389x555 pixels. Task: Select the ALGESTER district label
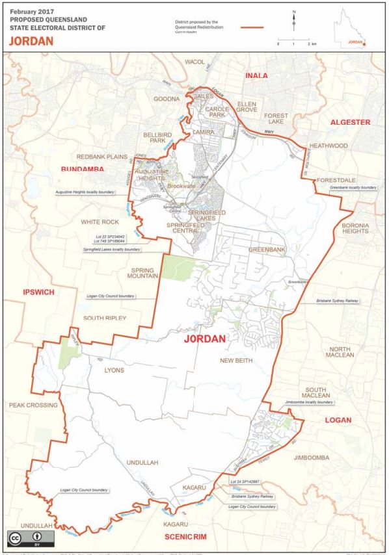click(350, 122)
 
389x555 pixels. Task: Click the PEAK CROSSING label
click(34, 405)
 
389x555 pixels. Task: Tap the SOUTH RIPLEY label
click(104, 317)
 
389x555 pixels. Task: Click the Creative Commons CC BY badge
click(24, 539)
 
